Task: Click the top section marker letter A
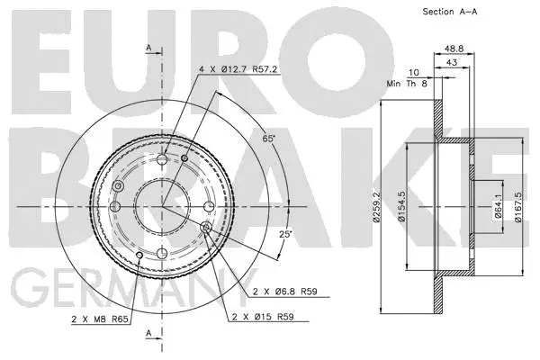pos(148,47)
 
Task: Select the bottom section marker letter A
pos(148,334)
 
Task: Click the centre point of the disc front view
pos(163,208)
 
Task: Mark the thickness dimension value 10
pos(413,73)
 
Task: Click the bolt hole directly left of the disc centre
pos(115,208)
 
